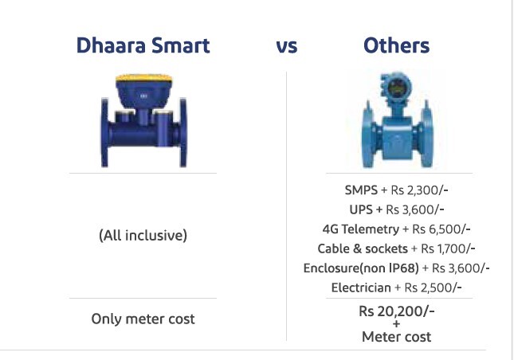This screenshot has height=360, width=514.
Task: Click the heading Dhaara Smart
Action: [x=143, y=45]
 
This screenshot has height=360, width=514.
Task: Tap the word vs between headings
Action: [x=286, y=46]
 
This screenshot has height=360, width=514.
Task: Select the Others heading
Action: [x=396, y=45]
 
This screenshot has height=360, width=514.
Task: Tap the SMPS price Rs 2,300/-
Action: [x=427, y=190]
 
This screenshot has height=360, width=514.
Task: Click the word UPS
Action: [x=362, y=209]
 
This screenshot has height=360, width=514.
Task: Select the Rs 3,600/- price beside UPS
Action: [x=416, y=209]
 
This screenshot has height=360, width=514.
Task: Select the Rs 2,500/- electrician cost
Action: [x=434, y=288]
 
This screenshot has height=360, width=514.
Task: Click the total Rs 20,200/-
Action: [x=397, y=311]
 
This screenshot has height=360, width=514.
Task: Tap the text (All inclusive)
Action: [x=143, y=236]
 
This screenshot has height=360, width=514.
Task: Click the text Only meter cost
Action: [x=143, y=319]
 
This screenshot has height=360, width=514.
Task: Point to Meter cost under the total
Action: [x=397, y=337]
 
